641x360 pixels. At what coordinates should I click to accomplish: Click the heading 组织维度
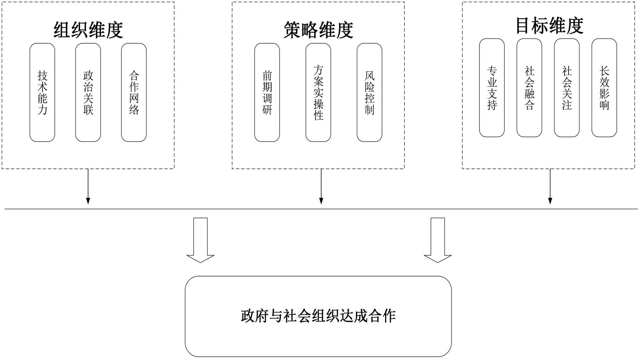(x=88, y=30)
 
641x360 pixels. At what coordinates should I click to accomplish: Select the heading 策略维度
(x=318, y=30)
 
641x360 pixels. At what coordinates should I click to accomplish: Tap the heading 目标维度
(x=549, y=26)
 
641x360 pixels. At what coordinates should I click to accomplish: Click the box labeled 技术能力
(x=42, y=93)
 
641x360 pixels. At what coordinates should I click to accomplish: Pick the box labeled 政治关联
(x=88, y=93)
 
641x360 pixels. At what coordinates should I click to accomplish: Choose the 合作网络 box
(x=134, y=93)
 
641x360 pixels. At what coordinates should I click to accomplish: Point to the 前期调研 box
(x=267, y=93)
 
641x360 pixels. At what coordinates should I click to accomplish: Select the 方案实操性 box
(x=318, y=93)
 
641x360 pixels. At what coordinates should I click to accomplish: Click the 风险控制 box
(x=370, y=93)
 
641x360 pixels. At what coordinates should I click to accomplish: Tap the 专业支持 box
(x=492, y=88)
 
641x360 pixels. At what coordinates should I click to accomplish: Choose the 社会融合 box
(x=529, y=88)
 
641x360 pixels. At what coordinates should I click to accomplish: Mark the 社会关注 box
(x=567, y=88)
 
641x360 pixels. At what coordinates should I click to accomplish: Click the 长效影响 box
(x=604, y=88)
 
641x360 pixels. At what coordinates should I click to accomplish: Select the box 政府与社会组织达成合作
(x=318, y=316)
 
